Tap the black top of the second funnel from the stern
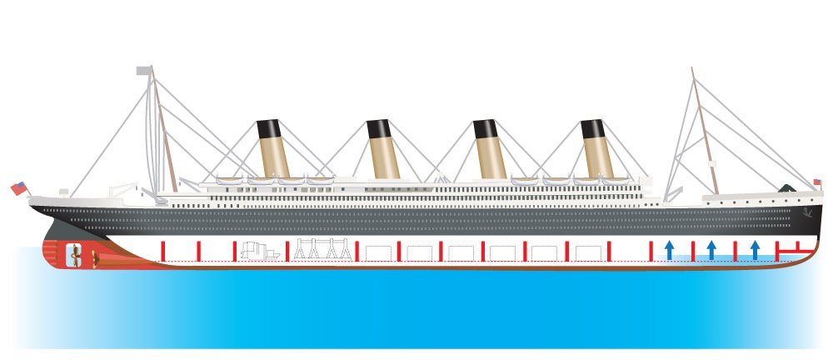click(x=378, y=129)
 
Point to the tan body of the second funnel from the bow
click(x=489, y=158)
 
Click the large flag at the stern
click(x=18, y=188)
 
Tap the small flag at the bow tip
click(x=817, y=181)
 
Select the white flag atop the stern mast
click(x=144, y=72)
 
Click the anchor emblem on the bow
click(x=806, y=212)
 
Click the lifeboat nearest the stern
click(x=231, y=179)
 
